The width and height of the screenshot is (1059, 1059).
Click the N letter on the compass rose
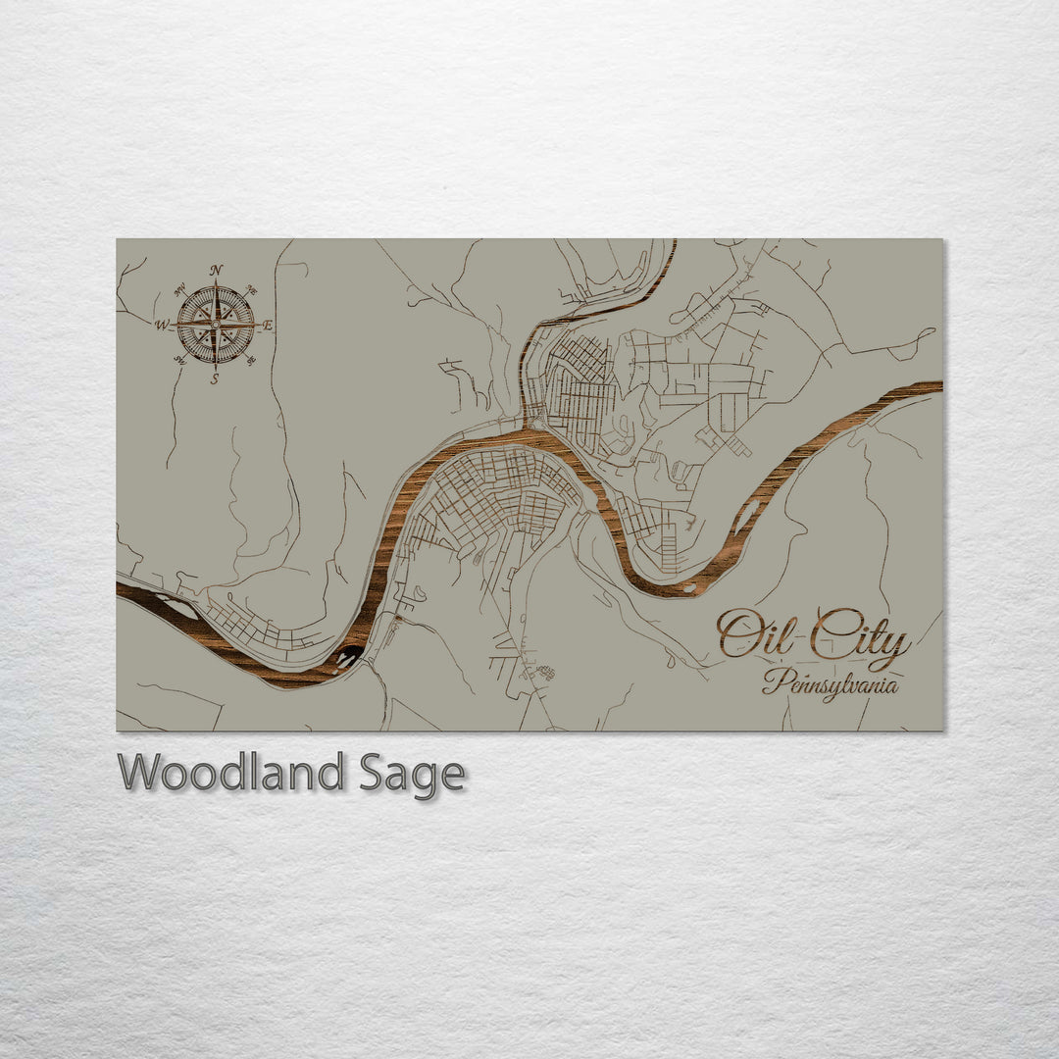click(x=216, y=270)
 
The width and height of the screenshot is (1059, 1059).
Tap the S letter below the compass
click(x=215, y=378)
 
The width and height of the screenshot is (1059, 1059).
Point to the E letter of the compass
click(x=269, y=325)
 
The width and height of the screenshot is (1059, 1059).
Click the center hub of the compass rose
click(x=215, y=324)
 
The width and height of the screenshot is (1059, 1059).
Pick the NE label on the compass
click(x=251, y=290)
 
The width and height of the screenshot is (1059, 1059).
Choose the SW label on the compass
click(x=179, y=360)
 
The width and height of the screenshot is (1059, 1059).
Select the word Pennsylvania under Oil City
click(x=830, y=682)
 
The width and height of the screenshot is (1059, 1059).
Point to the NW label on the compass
click(x=179, y=290)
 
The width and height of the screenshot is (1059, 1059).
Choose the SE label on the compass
click(x=251, y=360)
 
